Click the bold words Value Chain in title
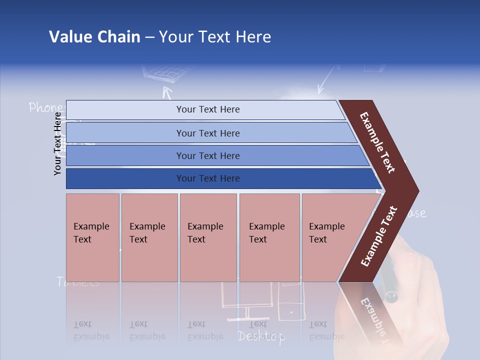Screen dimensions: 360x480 94,37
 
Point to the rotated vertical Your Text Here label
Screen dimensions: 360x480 58,143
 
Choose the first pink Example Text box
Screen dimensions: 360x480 92,237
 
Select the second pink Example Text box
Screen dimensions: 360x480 149,237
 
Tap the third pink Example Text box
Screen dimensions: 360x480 208,237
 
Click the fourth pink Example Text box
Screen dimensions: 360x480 269,237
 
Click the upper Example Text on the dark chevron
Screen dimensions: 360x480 377,142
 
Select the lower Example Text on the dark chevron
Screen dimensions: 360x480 378,236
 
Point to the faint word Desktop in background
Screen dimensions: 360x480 261,336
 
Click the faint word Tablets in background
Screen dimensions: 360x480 78,282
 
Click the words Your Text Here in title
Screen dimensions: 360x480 214,37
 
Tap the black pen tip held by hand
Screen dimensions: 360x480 390,297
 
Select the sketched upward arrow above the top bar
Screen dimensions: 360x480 167,93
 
